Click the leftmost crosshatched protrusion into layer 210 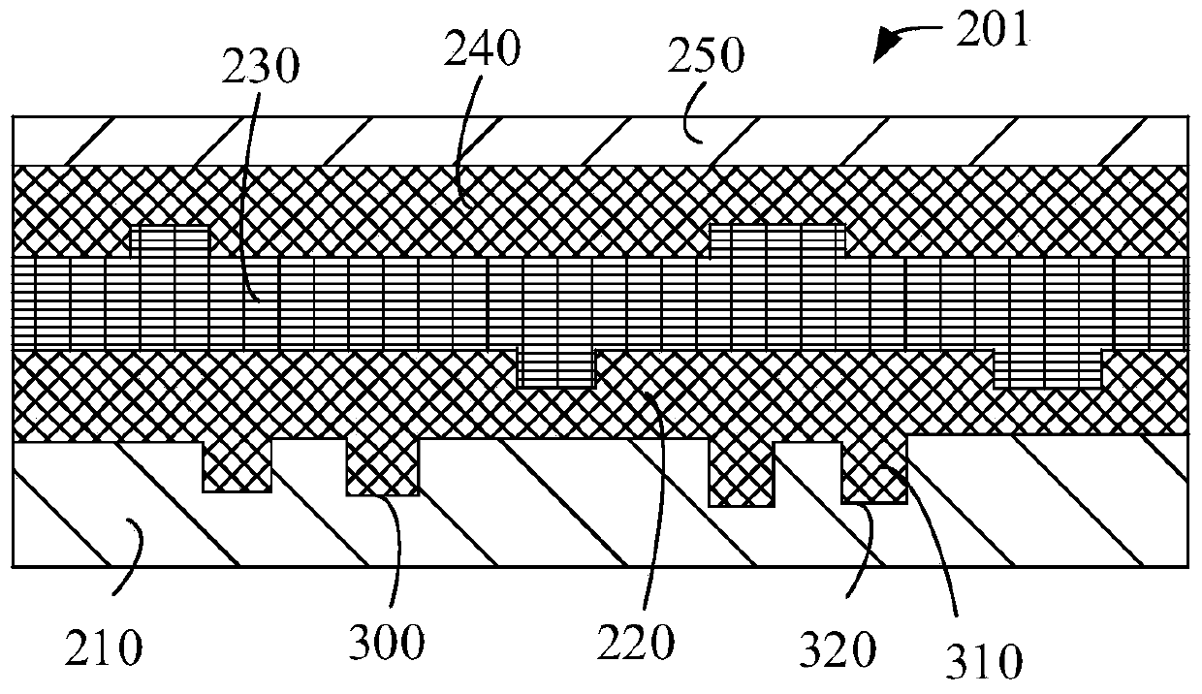tap(237, 466)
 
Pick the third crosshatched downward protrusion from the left tap(743, 474)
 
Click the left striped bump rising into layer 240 tap(170, 240)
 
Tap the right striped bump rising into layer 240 tap(777, 240)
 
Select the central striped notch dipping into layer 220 tap(555, 369)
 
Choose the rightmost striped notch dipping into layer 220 tap(1048, 369)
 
